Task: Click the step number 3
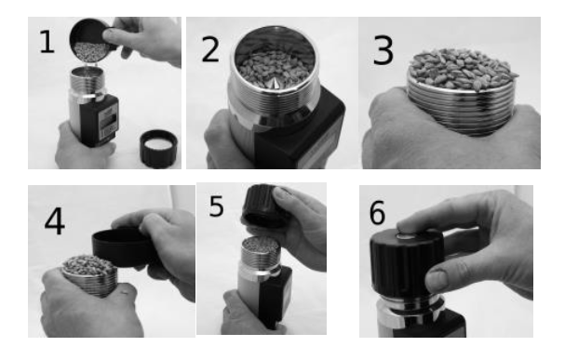click(x=383, y=51)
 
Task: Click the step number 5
click(x=216, y=207)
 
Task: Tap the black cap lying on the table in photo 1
click(x=156, y=147)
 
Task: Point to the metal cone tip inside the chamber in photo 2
click(x=277, y=83)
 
